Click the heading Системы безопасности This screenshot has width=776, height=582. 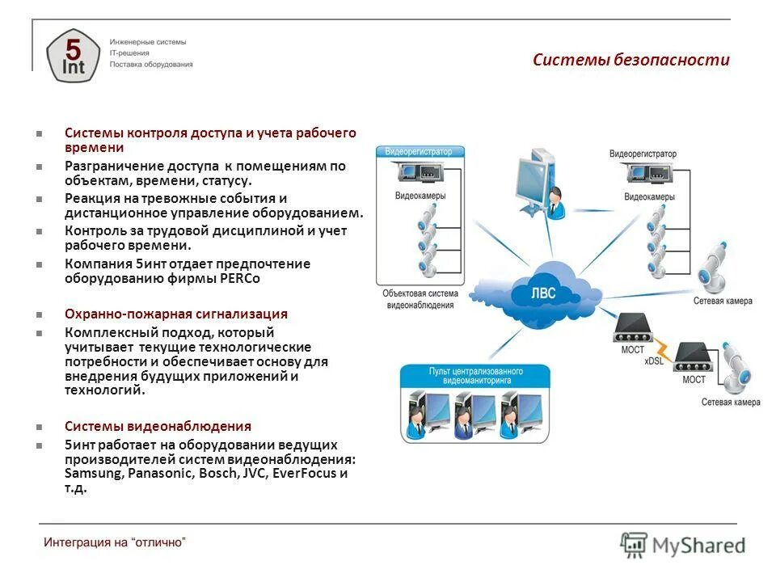coord(630,60)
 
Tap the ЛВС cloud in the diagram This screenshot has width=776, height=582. coord(543,293)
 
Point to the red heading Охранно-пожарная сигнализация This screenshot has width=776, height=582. coord(176,314)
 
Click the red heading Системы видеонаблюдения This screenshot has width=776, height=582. coord(158,426)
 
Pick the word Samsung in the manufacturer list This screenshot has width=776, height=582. coord(93,474)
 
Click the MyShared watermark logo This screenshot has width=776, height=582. coord(683,545)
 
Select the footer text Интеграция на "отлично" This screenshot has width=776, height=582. coord(115,542)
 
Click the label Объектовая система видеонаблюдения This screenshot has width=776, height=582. coord(420,299)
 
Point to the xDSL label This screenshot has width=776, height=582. coord(653,361)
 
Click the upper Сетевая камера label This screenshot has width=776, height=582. coord(722,301)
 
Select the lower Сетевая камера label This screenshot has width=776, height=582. coord(730,402)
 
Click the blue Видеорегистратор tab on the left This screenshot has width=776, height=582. coord(420,151)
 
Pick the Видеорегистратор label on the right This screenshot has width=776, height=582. coord(643,154)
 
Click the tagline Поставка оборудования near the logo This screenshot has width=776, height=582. coord(151,65)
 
